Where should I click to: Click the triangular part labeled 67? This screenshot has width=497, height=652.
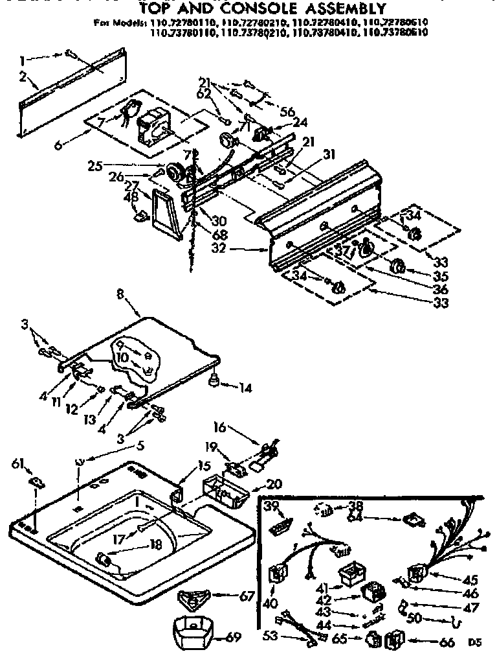point(195,598)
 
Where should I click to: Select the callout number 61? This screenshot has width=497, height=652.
point(17,462)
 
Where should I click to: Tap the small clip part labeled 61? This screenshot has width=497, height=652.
point(38,481)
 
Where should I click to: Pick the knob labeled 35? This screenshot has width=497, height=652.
point(397,265)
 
